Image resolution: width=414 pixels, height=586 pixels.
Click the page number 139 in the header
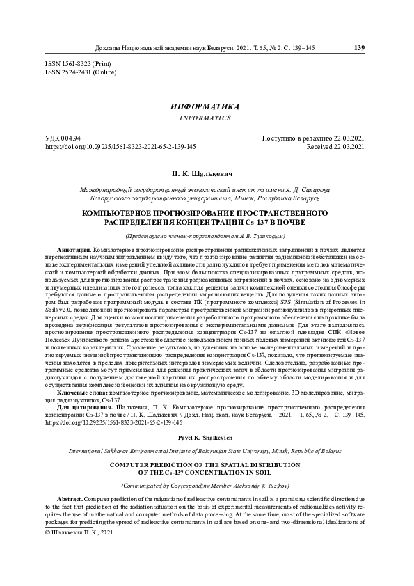pyautogui.click(x=359, y=48)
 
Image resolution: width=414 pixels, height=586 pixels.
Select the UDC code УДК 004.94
pyautogui.click(x=63, y=138)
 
